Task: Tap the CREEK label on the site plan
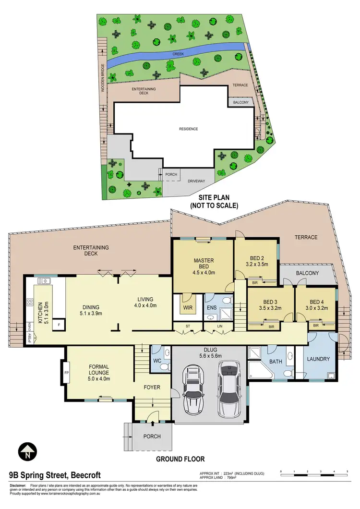pos(178,54)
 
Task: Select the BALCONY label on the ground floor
pos(307,273)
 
